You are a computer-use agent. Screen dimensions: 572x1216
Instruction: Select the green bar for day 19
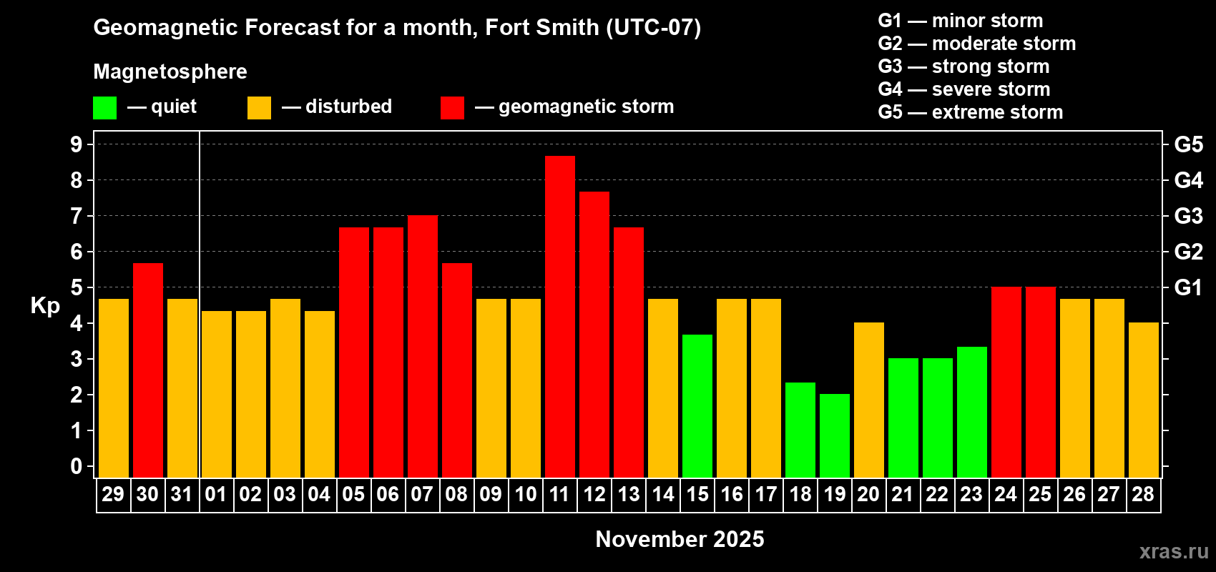[835, 435]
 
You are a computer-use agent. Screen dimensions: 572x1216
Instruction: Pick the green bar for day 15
[697, 405]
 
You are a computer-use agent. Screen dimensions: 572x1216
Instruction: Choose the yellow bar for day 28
[1144, 400]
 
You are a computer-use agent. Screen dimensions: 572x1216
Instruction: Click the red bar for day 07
[423, 346]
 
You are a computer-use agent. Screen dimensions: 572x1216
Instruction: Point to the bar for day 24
[1006, 382]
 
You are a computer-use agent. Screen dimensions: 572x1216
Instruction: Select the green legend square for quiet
[104, 108]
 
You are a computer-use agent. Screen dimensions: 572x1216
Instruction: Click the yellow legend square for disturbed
[259, 108]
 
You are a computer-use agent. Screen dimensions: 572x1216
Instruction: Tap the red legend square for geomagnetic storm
[452, 108]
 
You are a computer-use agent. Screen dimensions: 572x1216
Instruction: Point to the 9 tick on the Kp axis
[77, 144]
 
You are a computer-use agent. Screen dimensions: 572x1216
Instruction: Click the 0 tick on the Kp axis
[77, 467]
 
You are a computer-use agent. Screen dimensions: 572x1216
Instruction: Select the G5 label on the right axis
[1188, 144]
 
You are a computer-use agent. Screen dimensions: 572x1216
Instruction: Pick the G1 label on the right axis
[1188, 287]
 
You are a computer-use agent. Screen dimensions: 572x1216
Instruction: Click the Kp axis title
[45, 306]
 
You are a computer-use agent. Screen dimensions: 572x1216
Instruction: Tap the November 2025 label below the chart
[680, 539]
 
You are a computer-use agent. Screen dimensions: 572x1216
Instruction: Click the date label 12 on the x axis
[594, 494]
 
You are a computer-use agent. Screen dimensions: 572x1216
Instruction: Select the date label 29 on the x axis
[113, 494]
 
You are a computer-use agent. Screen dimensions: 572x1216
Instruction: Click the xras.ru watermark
[1173, 551]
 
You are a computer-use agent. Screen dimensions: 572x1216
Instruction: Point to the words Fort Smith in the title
[541, 27]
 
